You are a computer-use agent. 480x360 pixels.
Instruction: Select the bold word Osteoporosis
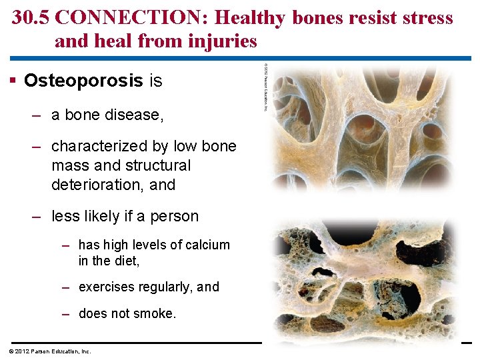83,81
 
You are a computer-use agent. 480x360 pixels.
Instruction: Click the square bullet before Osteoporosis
14,81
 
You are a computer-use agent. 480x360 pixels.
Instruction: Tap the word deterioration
98,185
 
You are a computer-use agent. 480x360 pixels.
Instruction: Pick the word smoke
156,313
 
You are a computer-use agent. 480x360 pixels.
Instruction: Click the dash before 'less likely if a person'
37,217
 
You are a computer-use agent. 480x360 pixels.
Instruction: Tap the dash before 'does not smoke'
66,313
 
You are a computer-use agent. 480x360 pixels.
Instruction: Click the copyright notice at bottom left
50,351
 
